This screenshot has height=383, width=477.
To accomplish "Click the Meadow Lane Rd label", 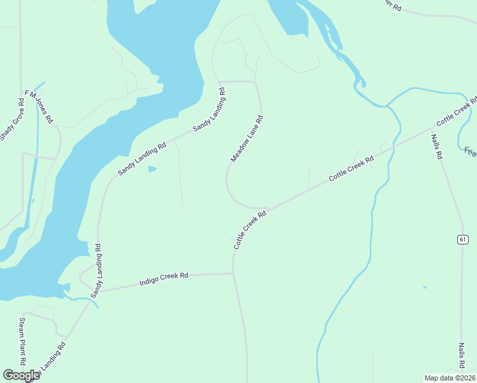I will click(x=247, y=139).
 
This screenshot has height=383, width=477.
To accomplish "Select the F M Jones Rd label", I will click(x=39, y=107).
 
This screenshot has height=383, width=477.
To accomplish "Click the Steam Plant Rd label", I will click(x=22, y=342).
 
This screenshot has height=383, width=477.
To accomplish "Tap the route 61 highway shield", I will click(x=463, y=239).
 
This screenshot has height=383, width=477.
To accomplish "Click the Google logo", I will click(x=21, y=375).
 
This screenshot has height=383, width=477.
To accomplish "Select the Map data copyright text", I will click(x=450, y=377).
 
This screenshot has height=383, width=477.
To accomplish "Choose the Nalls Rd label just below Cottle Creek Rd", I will click(x=436, y=146).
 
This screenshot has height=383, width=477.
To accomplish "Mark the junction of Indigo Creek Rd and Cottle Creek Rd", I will click(x=233, y=273).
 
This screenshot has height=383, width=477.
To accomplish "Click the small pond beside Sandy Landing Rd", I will click(x=152, y=169).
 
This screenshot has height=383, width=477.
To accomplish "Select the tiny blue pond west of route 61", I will click(x=424, y=287).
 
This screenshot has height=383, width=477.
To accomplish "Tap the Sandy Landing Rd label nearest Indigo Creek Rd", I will click(x=97, y=271).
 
